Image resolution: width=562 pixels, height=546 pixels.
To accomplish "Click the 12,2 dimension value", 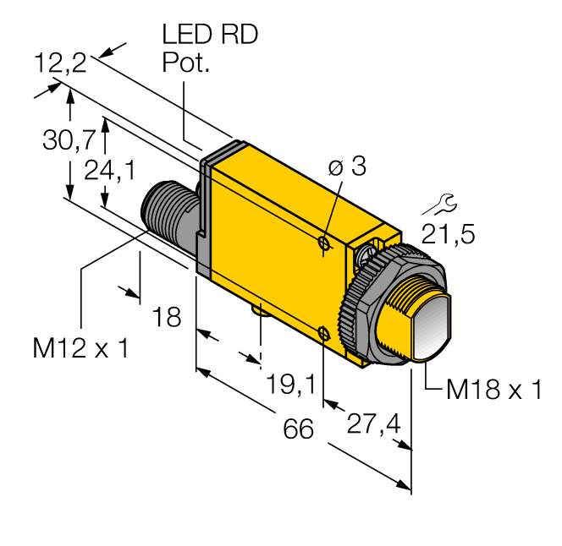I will (60, 63).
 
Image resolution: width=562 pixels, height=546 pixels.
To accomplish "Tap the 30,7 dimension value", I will (68, 141).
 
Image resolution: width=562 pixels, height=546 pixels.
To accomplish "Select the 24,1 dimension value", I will (110, 172).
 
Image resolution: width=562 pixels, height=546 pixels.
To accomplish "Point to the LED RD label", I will (209, 35).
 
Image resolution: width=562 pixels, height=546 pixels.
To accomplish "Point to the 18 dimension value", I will (168, 318).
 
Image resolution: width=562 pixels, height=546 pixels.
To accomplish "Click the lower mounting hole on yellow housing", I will (325, 333).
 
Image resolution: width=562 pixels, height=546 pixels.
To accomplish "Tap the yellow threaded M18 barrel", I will (398, 317).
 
